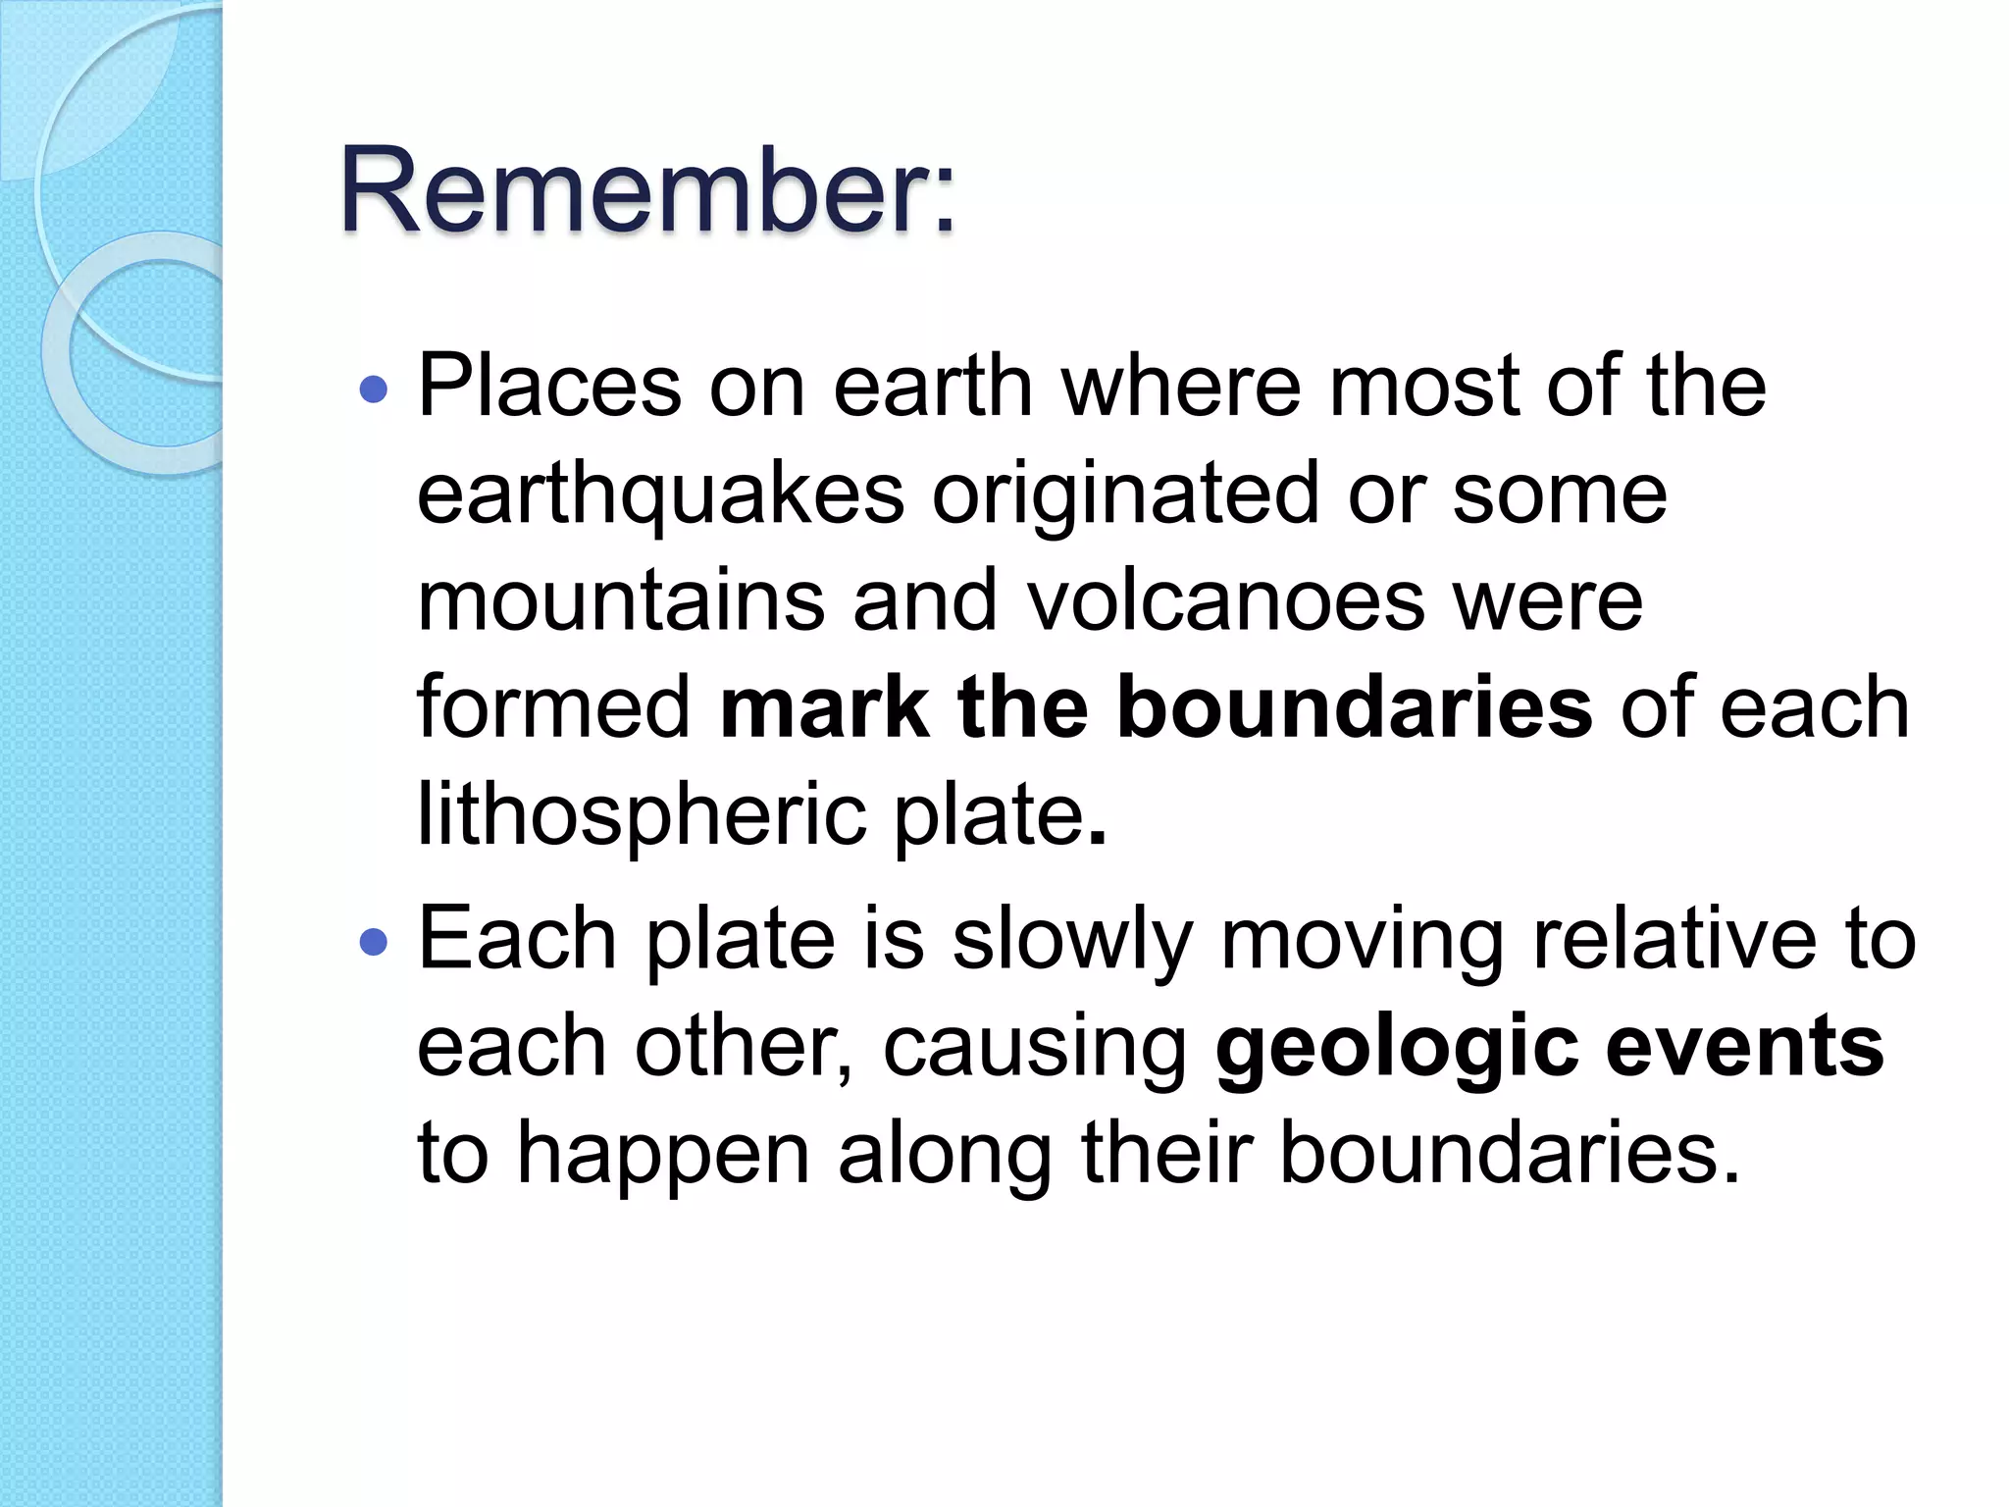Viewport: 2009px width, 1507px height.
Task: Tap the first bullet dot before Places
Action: click(374, 390)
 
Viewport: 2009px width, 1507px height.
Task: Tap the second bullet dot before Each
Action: click(374, 943)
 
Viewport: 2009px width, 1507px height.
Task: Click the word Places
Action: click(549, 386)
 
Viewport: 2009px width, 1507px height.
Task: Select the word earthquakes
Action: click(660, 494)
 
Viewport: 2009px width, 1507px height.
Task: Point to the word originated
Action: click(1125, 494)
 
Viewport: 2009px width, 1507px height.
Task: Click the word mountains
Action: click(621, 600)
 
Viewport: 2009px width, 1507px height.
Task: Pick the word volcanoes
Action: click(1225, 600)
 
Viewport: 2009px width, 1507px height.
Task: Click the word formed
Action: click(554, 706)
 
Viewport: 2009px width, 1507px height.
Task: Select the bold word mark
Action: click(824, 706)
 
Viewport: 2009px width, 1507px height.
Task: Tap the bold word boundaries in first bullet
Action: click(1354, 706)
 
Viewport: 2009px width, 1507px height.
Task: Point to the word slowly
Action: click(1072, 939)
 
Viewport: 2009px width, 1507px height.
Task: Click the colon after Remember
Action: click(944, 201)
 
